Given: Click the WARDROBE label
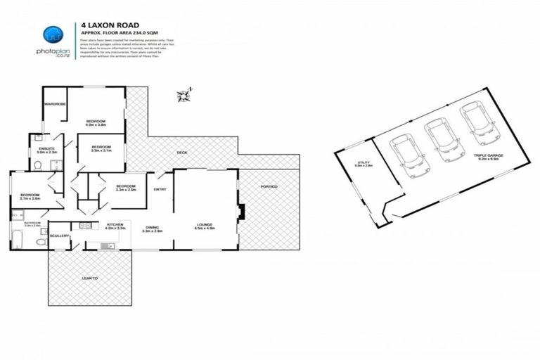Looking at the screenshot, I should tap(55, 104).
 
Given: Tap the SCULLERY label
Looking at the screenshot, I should tap(60, 236).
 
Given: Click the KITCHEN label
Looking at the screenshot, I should tap(115, 224).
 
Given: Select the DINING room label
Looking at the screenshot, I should tap(152, 227).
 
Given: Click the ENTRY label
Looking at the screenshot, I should tap(160, 188).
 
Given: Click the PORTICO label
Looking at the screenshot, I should tap(269, 186).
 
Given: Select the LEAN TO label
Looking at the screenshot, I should tap(89, 279).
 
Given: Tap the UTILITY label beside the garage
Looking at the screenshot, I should tap(364, 163).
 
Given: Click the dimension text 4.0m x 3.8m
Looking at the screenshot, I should tap(96, 125).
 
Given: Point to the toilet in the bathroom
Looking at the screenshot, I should tap(41, 241).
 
